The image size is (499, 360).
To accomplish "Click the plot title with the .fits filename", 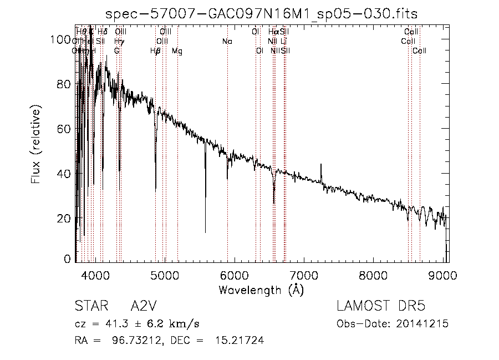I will pos(261,13).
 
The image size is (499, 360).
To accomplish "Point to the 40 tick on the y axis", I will pos(65,174).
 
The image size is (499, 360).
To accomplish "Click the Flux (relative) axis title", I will pos(36,146).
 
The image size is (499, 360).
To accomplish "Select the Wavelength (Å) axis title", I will pos(261,290).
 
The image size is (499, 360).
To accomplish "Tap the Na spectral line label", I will pos(227,42).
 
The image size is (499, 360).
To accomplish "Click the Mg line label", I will pos(177,51).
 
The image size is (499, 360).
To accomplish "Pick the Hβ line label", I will pos(155,51).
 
